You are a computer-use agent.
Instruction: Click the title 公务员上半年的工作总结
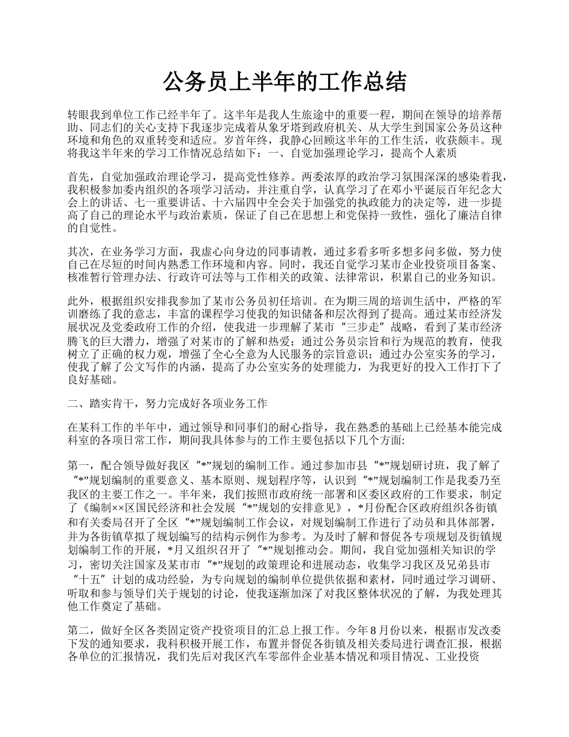tap(284, 82)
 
